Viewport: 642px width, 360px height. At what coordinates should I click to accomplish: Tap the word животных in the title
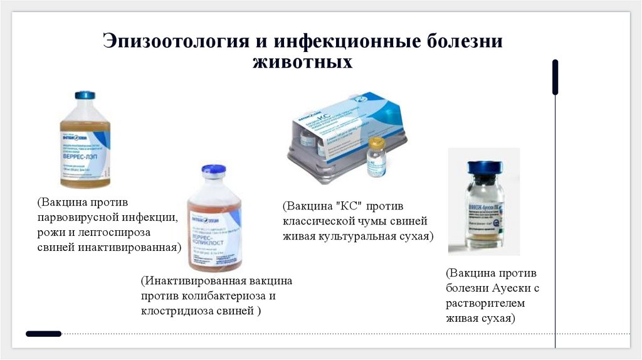point(303,63)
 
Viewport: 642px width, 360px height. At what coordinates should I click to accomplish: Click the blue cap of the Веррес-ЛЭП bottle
point(85,95)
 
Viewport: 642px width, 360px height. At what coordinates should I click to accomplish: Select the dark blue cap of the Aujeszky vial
point(485,167)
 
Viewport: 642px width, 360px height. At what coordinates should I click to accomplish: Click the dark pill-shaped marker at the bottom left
point(44,334)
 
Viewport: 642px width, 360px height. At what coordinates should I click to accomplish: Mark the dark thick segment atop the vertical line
point(555,77)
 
